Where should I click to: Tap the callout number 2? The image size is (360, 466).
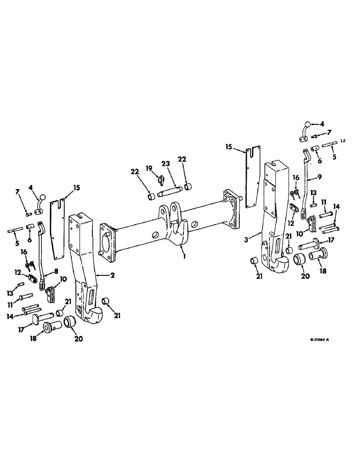[112, 275]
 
